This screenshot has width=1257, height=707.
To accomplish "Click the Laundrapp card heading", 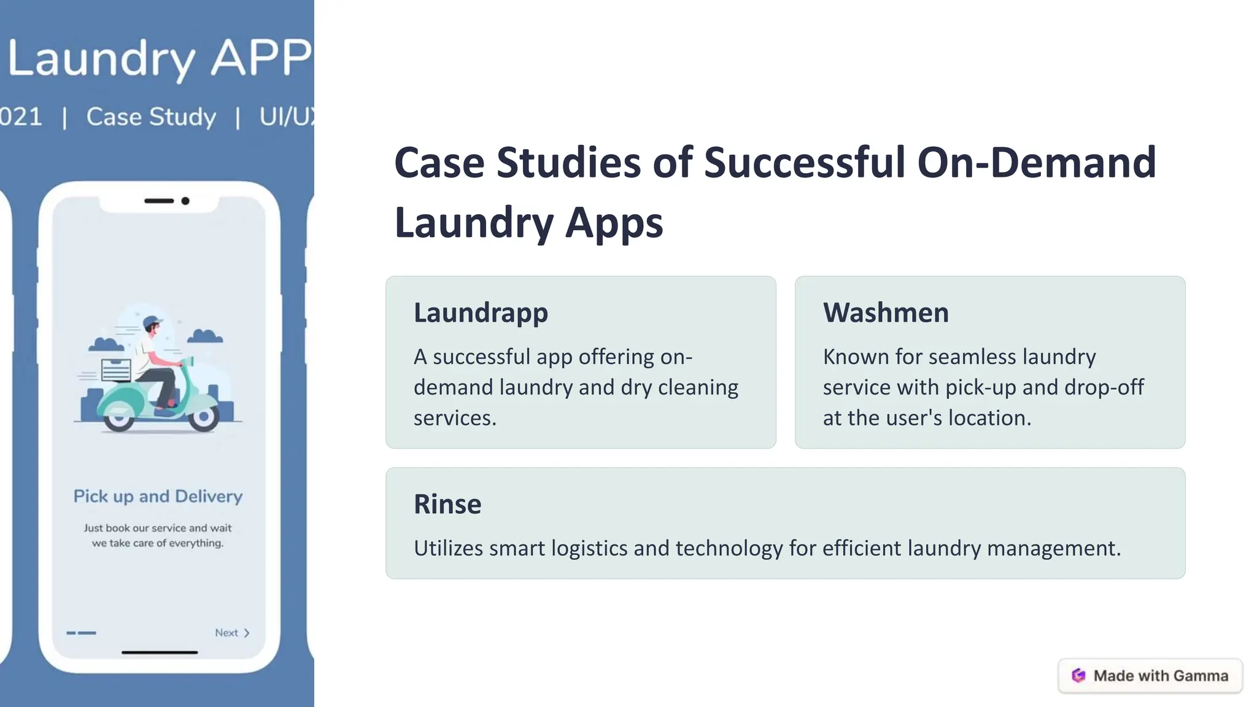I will [x=481, y=313].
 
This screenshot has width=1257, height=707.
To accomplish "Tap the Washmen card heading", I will [x=886, y=313].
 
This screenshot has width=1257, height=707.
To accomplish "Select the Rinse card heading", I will [x=447, y=504].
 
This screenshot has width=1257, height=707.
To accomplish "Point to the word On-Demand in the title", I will [x=1037, y=163].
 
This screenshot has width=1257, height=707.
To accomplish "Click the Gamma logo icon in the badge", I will [x=1078, y=676].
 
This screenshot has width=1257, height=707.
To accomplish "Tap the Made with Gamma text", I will [x=1161, y=676].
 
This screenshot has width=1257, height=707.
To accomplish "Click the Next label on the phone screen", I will [x=226, y=633].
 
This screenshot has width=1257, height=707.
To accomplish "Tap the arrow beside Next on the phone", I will [x=247, y=633].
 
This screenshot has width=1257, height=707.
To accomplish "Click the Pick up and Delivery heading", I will [x=158, y=496].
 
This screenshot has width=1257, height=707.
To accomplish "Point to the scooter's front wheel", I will [x=203, y=417].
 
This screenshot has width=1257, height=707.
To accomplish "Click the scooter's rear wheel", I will [x=118, y=419].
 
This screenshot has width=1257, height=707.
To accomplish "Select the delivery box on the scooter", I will [x=115, y=370].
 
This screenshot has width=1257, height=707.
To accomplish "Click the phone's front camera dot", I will [x=185, y=201].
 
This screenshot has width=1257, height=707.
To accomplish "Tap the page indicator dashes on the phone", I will [x=81, y=633].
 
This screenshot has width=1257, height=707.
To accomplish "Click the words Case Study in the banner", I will [x=151, y=117].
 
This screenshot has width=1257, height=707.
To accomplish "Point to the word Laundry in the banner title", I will [x=101, y=59].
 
